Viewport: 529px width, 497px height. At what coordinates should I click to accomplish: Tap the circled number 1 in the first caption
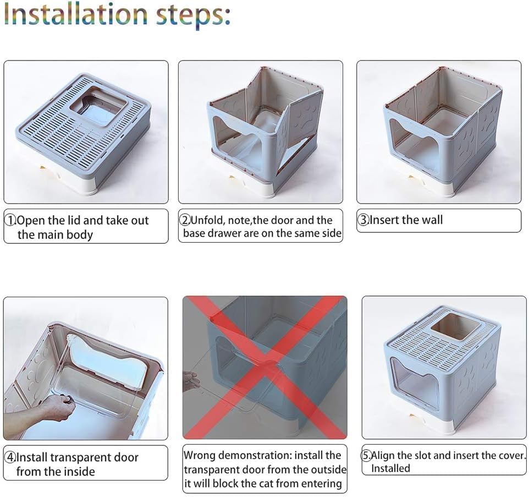(x=10, y=221)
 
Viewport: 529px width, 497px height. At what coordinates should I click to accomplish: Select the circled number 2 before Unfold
(x=185, y=220)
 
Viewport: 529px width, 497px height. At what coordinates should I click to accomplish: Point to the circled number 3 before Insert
(x=363, y=220)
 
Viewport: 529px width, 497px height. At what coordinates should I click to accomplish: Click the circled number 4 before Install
(x=10, y=457)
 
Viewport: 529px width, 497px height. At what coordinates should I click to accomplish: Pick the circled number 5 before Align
(x=367, y=456)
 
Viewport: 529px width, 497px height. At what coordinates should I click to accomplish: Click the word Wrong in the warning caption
(x=200, y=456)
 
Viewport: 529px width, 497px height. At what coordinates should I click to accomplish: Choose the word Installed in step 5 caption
(x=390, y=468)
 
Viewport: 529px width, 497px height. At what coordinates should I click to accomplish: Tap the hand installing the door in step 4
(x=57, y=407)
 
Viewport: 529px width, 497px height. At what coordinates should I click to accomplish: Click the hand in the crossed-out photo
(x=191, y=380)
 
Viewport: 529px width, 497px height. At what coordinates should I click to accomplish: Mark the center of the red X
(x=265, y=367)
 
